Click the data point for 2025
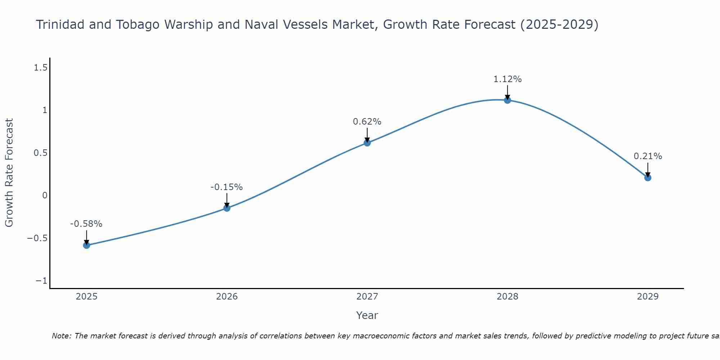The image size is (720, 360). coord(86,245)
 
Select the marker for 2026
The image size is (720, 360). coord(227,208)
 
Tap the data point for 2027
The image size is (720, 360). coord(367,143)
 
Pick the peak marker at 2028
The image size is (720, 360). coord(507,100)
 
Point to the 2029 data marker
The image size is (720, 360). coord(648,177)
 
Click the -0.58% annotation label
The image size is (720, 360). coord(86,224)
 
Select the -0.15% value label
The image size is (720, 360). coord(226,187)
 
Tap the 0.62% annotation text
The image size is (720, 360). coord(367,122)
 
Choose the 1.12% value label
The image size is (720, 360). coord(507,79)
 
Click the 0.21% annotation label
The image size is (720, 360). coord(648,156)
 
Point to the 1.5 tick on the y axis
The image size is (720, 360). coord(40,67)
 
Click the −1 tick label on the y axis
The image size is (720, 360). coord(41,281)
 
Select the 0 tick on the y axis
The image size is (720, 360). coord(45,195)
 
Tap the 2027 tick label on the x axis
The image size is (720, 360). coord(367,297)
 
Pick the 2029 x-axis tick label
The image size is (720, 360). coord(648,297)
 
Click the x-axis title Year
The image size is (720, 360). coord(367,315)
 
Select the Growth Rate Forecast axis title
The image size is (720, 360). coord(9,173)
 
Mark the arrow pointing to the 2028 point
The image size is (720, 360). coord(507,92)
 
